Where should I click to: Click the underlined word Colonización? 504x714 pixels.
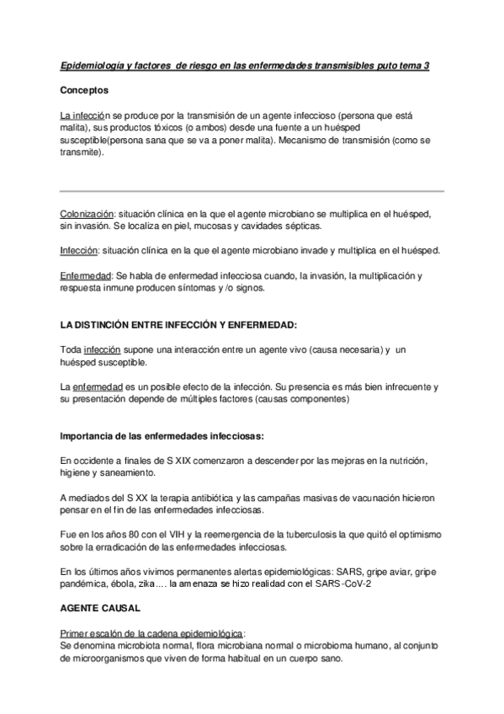coord(87,215)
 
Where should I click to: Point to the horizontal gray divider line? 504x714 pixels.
coord(252,190)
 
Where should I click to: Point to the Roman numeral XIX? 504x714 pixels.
coord(186,461)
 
